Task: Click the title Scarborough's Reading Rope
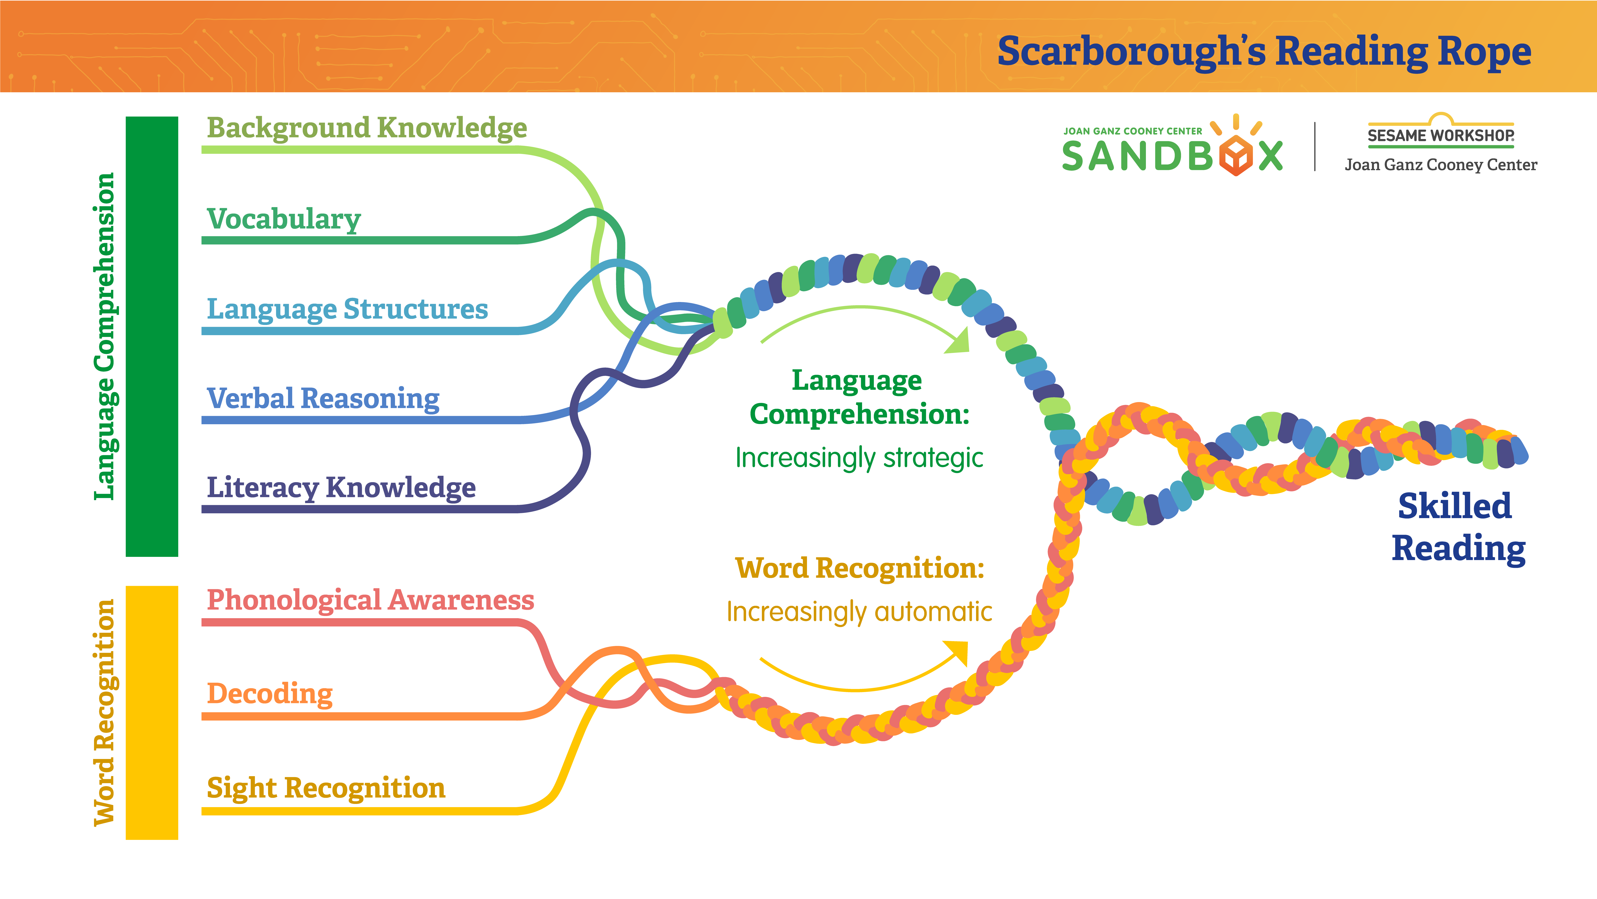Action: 1264,52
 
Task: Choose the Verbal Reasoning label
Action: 323,399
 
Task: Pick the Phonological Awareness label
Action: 370,601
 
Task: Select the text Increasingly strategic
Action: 859,458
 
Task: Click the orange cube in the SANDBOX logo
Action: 1236,155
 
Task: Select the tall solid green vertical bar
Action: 152,336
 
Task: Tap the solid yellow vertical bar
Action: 152,713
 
